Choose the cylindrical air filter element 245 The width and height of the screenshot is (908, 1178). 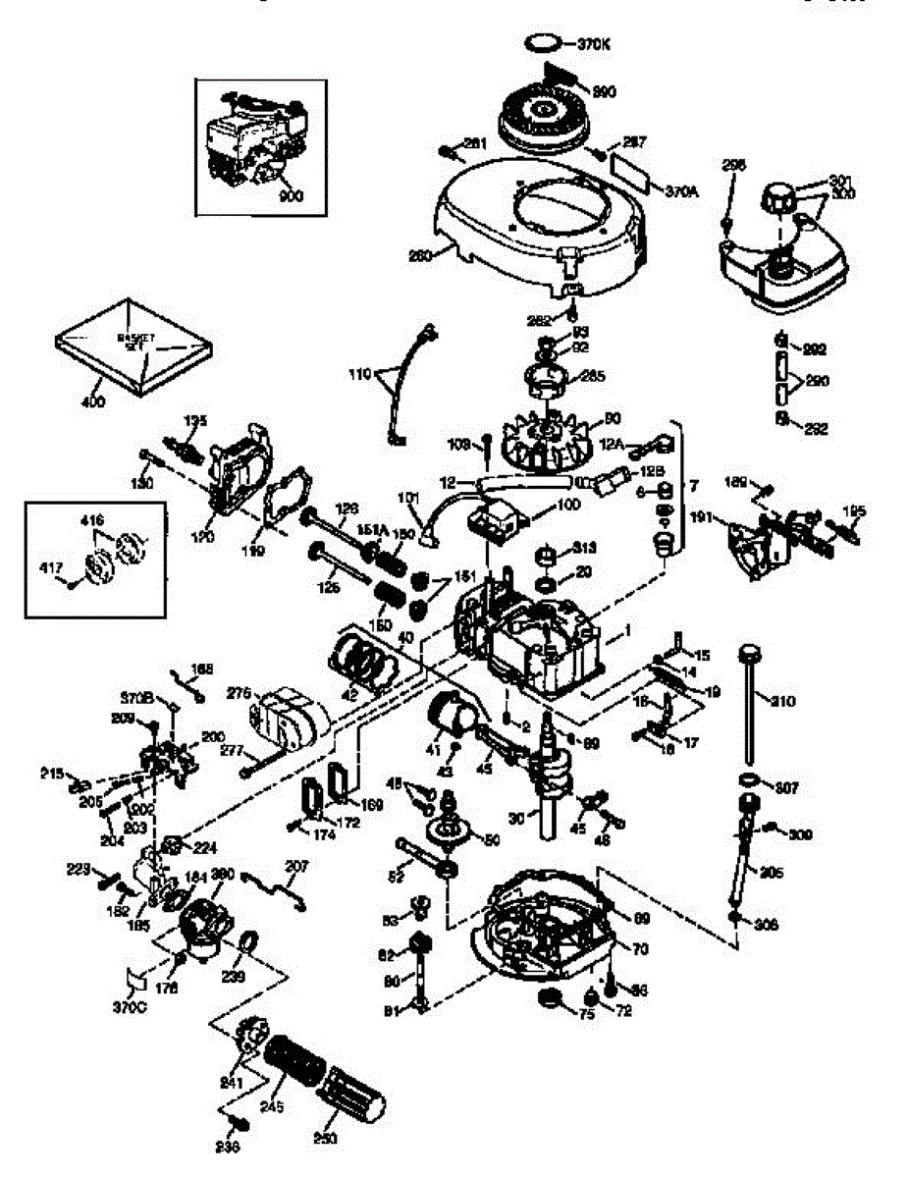pyautogui.click(x=296, y=1071)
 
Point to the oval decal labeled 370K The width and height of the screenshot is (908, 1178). pyautogui.click(x=545, y=43)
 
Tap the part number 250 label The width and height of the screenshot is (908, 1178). pyautogui.click(x=324, y=1139)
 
